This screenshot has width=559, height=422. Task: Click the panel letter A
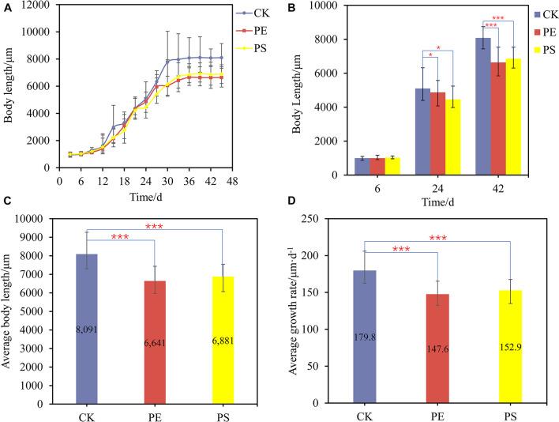point(6,8)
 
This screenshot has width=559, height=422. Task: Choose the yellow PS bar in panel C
point(223,339)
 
